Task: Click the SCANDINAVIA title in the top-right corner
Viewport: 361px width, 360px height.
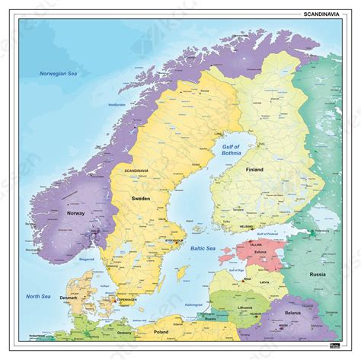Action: pos(323,11)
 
